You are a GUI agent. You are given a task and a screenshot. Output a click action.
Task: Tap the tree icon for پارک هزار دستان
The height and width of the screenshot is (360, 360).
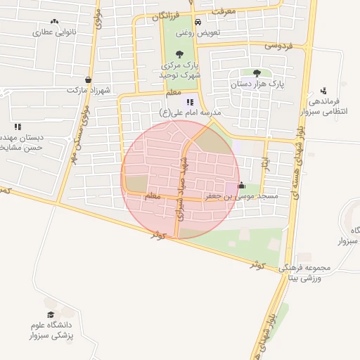[x=257, y=72]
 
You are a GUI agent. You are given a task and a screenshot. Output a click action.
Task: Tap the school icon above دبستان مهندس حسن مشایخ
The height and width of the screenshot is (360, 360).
[x=17, y=127]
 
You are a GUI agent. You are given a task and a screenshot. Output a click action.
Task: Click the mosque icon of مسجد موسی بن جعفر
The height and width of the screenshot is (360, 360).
[x=242, y=186]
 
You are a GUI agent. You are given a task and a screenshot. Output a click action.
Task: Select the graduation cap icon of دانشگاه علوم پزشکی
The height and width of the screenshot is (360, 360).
[x=50, y=314]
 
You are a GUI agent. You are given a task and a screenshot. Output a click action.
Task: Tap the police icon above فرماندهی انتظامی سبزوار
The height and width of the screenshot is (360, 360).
[x=323, y=91]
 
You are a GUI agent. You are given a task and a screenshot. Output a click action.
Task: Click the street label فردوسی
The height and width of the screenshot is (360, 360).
[x=276, y=45]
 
